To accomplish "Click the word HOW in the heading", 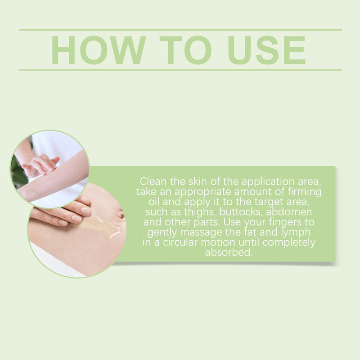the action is tap(99, 50).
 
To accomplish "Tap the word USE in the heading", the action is tap(266, 50).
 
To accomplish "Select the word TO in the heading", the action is tap(185, 50).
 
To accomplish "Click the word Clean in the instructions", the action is tap(153, 181).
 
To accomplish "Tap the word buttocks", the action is tap(241, 212).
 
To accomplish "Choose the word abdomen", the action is tap(289, 211).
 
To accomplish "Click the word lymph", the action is tap(296, 232).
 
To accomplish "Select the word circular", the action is tap(180, 243).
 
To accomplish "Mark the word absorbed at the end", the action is tap(229, 252).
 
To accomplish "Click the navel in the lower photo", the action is tap(121, 215).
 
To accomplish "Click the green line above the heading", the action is tap(180, 30).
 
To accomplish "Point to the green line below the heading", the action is tap(180, 70).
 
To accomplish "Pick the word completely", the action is tap(289, 243).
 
